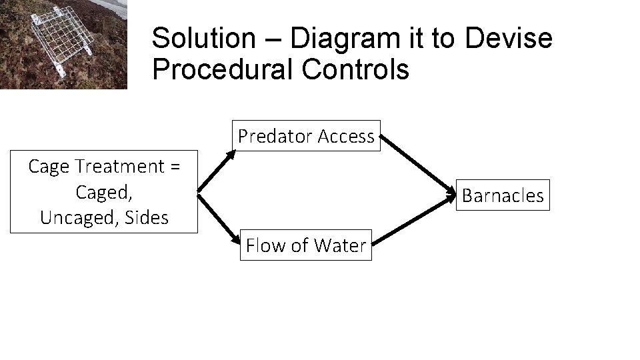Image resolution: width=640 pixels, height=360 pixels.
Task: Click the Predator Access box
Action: [306, 136]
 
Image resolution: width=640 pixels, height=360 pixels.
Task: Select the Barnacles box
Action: [503, 195]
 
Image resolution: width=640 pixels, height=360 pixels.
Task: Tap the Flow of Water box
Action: [306, 245]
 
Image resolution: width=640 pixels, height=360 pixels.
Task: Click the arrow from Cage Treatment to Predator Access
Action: [217, 171]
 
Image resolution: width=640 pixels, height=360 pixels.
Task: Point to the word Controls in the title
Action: [361, 69]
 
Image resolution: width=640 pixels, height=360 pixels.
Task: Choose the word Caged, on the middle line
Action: [104, 192]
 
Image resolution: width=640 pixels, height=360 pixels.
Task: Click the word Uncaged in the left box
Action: [80, 217]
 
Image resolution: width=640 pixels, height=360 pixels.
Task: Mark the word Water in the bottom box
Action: [343, 245]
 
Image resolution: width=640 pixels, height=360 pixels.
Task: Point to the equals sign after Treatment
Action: [175, 167]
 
